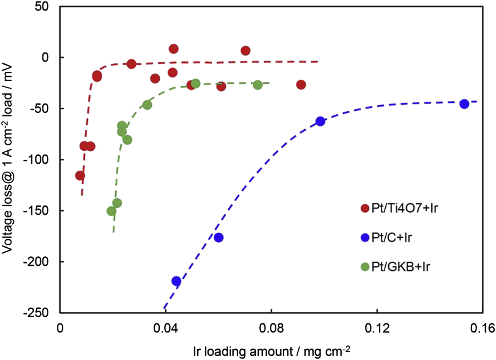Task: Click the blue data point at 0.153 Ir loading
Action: [464, 104]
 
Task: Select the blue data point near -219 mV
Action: [176, 281]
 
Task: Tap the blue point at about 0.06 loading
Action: [218, 237]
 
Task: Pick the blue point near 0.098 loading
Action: [320, 121]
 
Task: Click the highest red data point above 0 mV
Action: [173, 49]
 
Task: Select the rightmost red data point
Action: [301, 85]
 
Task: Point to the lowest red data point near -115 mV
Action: [80, 176]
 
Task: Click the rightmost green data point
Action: [258, 85]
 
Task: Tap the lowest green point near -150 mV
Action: [111, 211]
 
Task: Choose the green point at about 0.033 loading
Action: [147, 105]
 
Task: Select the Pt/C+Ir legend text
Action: [391, 237]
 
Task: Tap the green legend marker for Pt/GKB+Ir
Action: [365, 266]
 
